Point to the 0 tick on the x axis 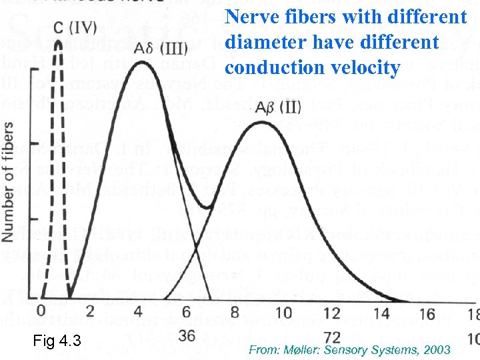[x=41, y=312]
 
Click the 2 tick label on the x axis [x=90, y=313]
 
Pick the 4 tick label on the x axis [x=138, y=313]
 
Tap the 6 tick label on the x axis [x=187, y=313]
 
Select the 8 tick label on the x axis [x=235, y=313]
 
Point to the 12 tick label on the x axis [x=331, y=313]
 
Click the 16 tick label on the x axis [x=427, y=313]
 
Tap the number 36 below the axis [x=187, y=335]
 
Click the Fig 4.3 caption [x=57, y=342]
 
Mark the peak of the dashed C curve [x=59, y=41]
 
